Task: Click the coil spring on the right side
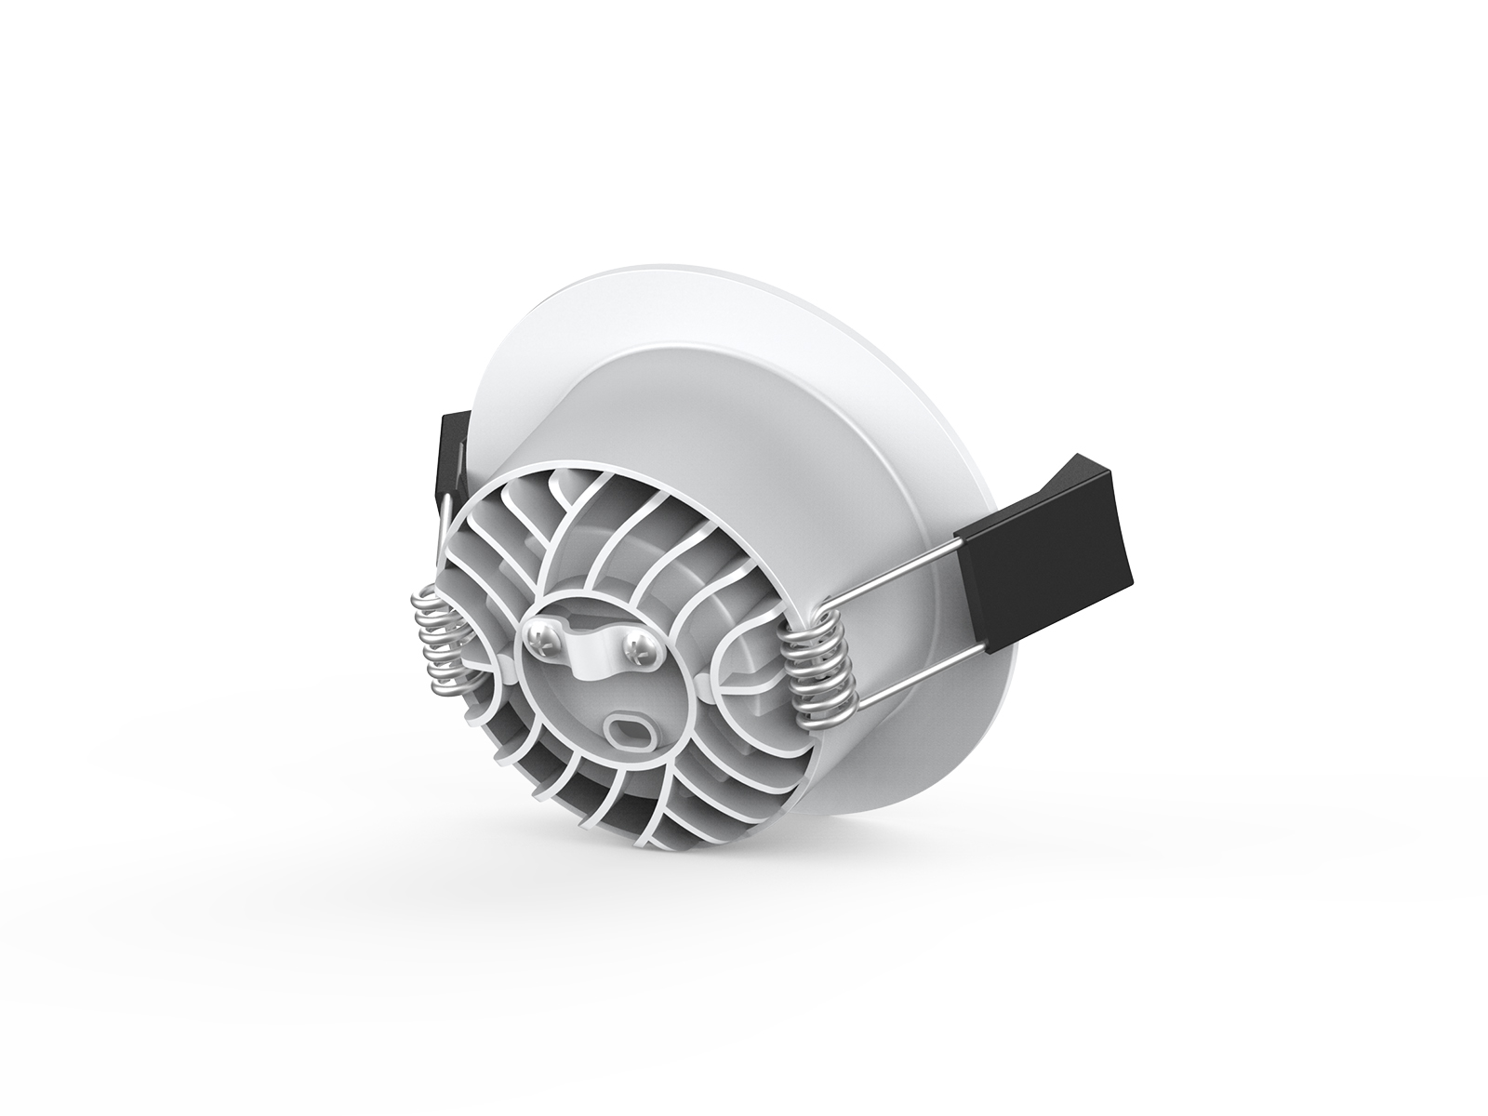point(816,671)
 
